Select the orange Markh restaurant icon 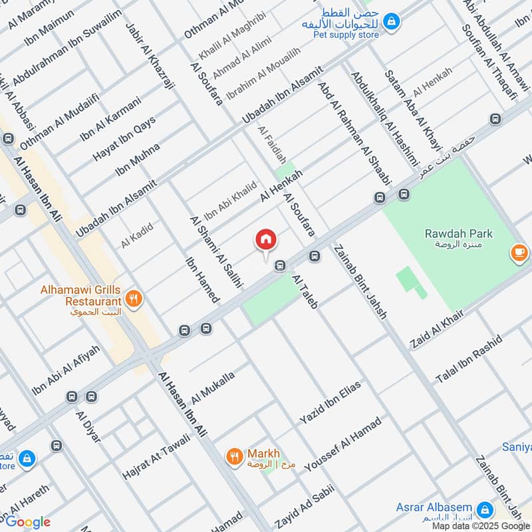[234, 456]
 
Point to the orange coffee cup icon [519, 252]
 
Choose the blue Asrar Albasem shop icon [485, 509]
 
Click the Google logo [27, 522]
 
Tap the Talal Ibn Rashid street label [467, 364]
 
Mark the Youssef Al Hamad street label [343, 444]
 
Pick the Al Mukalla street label [213, 388]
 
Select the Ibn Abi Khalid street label [229, 201]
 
